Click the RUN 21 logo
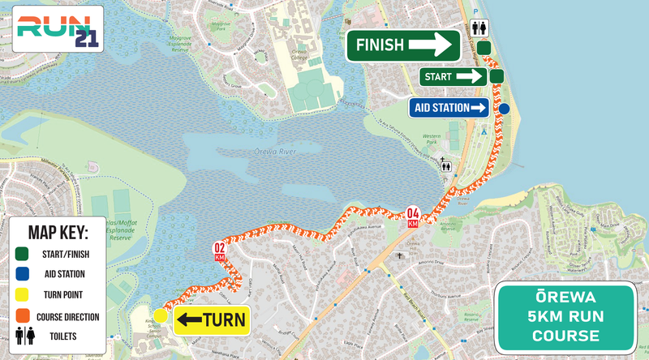[x=52, y=28]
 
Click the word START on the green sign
[x=438, y=76]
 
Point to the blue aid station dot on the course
[x=504, y=109]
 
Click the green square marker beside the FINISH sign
[x=484, y=48]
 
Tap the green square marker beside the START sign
[x=497, y=76]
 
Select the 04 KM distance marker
[x=413, y=218]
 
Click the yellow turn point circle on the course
[x=161, y=316]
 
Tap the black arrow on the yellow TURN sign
[x=191, y=319]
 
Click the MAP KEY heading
[x=58, y=234]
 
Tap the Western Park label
[x=432, y=138]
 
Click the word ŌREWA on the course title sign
[x=565, y=298]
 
